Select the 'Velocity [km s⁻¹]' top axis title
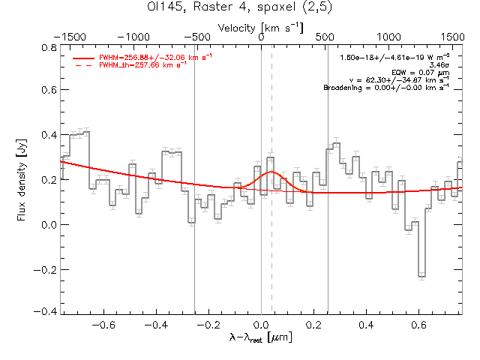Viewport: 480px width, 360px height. (260, 28)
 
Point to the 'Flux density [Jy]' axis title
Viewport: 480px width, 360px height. (22, 178)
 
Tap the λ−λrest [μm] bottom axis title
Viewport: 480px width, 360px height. (260, 338)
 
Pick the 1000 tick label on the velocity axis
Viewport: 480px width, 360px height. (388, 36)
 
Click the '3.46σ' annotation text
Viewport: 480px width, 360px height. (439, 65)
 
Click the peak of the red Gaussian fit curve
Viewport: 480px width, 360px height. (271, 172)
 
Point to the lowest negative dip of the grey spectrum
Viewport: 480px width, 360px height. (421, 277)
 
